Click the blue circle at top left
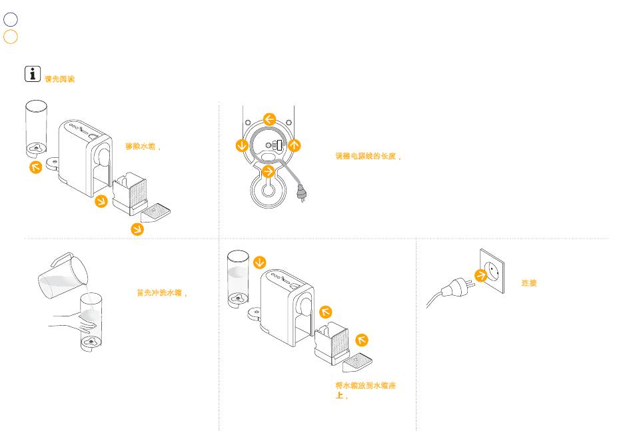pos(10,20)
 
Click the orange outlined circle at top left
pos(10,37)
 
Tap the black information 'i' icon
pos(33,74)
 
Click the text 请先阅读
pos(59,79)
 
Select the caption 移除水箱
pos(143,147)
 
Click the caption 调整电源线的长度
pos(368,157)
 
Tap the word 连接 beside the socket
pos(529,283)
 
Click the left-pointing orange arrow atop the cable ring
pos(269,119)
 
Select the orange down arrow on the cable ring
pos(242,145)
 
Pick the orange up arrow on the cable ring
pos(294,145)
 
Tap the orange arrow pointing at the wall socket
pos(480,276)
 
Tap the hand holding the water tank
pos(77,324)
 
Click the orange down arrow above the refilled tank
pos(259,262)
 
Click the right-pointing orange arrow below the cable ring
pos(269,172)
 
